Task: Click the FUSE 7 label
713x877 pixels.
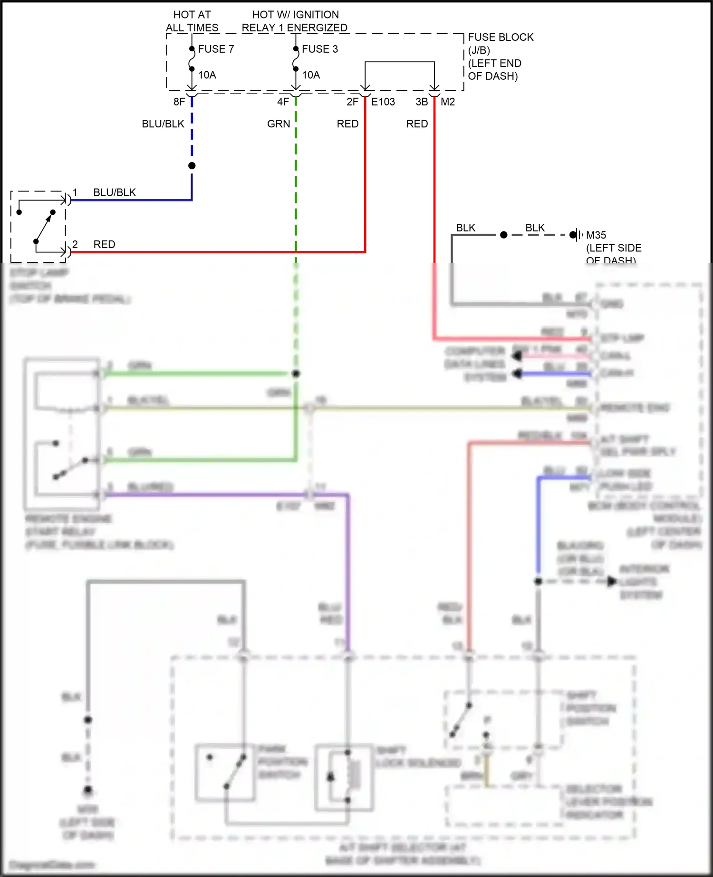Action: point(216,49)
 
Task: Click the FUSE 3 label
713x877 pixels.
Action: point(320,49)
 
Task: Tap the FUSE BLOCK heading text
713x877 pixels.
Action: point(501,37)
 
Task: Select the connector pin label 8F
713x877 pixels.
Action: point(179,102)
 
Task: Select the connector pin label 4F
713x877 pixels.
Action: point(283,102)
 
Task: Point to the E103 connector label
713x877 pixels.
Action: point(383,102)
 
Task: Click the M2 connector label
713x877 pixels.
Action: point(448,102)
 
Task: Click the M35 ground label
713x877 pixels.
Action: point(596,235)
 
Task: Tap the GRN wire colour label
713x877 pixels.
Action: point(279,124)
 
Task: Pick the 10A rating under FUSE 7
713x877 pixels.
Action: point(207,75)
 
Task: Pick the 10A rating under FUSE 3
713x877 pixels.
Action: point(311,75)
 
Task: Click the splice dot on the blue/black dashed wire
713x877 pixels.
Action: point(192,166)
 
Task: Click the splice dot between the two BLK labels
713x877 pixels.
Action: point(504,235)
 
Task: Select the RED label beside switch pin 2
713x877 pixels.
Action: point(104,244)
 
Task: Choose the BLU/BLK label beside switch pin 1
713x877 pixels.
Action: point(115,192)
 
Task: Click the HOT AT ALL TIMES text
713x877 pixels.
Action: point(192,21)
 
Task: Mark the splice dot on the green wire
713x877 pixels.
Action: point(296,374)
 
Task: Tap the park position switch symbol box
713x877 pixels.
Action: point(225,773)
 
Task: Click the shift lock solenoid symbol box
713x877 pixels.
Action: point(344,777)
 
